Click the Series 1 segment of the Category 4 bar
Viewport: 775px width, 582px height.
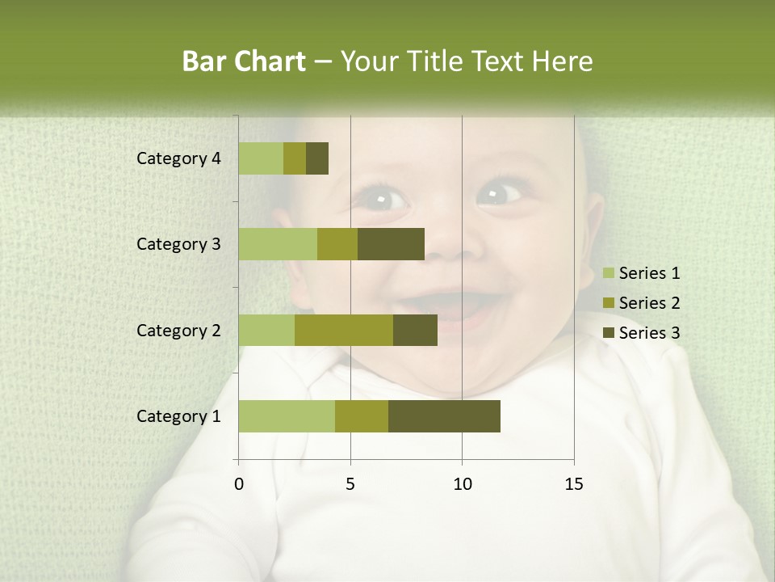(261, 158)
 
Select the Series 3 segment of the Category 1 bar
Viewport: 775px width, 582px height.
(444, 416)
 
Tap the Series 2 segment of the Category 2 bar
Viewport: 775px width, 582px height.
(344, 330)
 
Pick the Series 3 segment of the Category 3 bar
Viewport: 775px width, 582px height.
(391, 244)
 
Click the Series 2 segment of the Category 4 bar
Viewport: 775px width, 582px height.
(295, 158)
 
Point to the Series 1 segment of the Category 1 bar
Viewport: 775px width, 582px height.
(287, 416)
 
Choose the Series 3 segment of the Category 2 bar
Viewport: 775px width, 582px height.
(415, 330)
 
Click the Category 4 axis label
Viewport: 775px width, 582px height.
(178, 158)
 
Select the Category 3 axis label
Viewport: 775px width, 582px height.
(178, 244)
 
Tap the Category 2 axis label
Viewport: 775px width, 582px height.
(178, 330)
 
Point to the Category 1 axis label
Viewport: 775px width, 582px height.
(178, 416)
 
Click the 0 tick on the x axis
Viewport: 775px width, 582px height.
(239, 484)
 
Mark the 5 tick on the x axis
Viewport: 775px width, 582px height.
(350, 484)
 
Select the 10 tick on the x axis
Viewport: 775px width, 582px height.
(462, 484)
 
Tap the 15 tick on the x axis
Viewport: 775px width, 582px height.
(573, 484)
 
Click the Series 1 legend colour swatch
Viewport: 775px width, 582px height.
(608, 273)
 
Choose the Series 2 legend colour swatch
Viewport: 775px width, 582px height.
(608, 303)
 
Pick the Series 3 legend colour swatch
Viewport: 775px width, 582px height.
(608, 333)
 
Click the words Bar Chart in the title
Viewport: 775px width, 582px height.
(244, 61)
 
